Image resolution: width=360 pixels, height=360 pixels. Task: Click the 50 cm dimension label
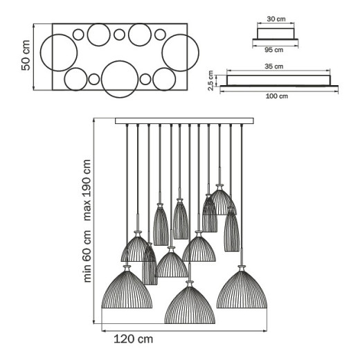click(x=26, y=55)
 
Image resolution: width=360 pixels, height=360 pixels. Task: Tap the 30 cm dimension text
click(x=276, y=19)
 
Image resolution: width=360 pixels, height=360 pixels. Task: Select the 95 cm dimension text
click(x=274, y=50)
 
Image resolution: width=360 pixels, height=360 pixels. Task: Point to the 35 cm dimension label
click(x=274, y=66)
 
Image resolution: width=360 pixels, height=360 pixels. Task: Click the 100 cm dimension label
click(x=277, y=96)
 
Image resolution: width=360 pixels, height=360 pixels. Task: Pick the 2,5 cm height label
click(x=210, y=80)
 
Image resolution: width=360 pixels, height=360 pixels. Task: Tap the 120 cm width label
click(x=134, y=339)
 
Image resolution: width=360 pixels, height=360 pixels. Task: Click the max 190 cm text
click(x=87, y=190)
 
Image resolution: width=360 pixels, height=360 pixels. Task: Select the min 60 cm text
click(x=87, y=256)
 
